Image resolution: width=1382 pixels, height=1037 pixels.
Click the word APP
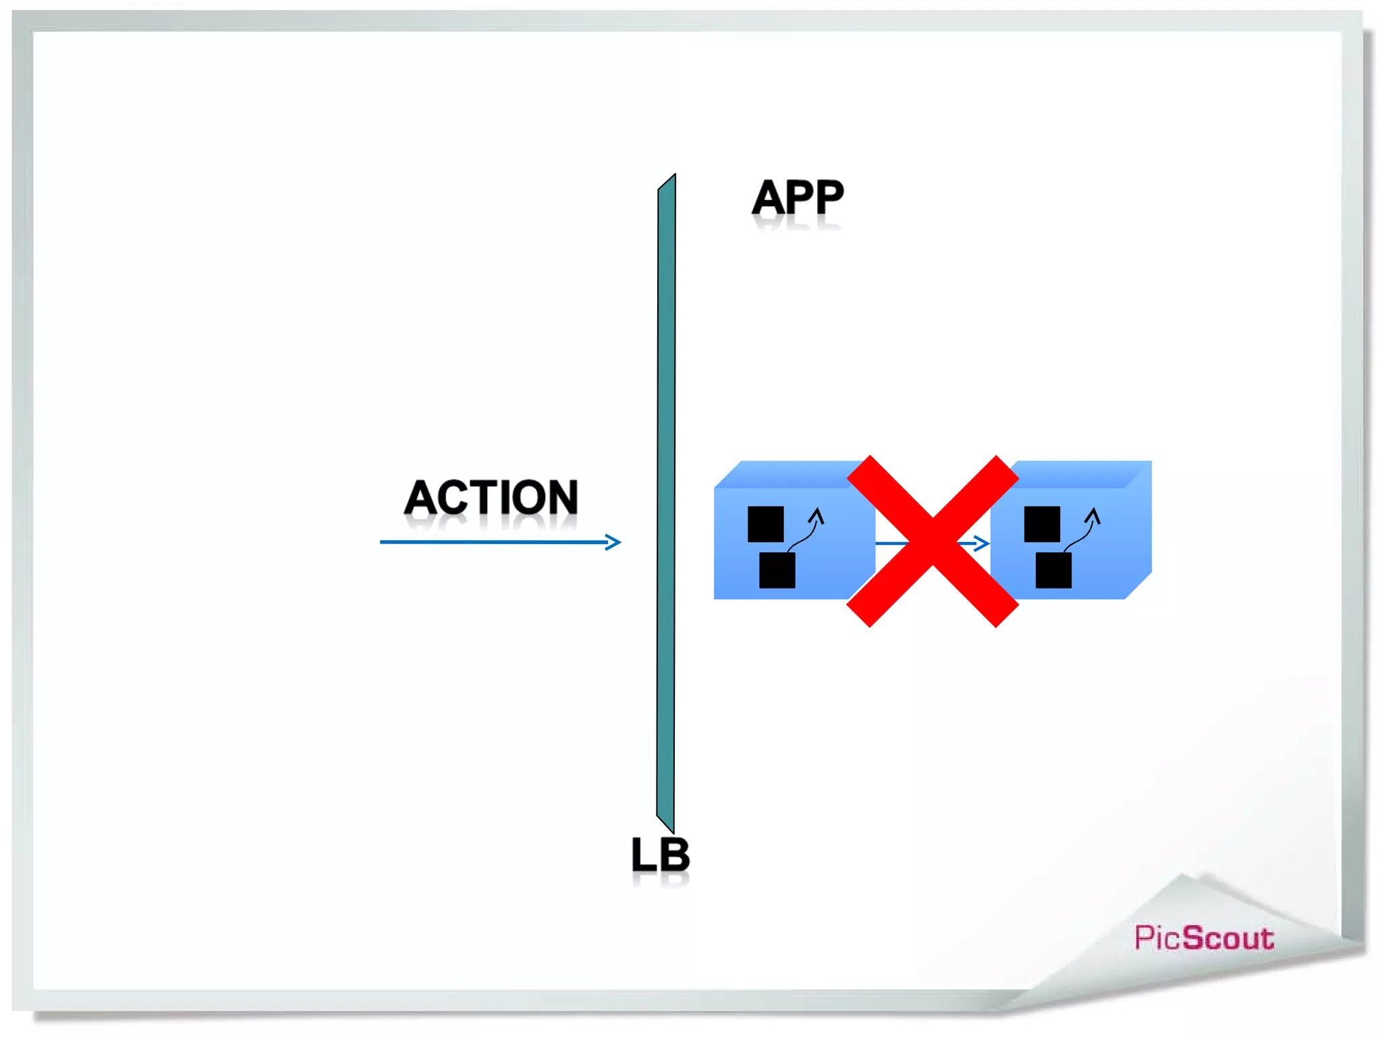798,198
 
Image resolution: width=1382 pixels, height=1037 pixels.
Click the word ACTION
491,498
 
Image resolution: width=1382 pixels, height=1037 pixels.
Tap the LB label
660,855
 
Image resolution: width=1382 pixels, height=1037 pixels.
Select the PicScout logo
1204,938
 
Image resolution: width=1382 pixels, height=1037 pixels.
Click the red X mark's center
933,541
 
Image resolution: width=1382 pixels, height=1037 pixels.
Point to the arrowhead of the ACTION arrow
613,542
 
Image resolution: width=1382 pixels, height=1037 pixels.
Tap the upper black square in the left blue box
766,524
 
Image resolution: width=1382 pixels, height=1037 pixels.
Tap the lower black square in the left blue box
777,570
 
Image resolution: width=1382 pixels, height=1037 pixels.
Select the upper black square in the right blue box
1042,524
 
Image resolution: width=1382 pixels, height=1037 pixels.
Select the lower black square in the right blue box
1053,570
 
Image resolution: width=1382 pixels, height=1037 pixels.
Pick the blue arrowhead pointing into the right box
983,543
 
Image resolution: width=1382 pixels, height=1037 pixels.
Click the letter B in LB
673,855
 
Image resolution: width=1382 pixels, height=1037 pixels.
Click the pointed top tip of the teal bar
673,177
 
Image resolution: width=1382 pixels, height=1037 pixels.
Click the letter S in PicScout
1196,938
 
